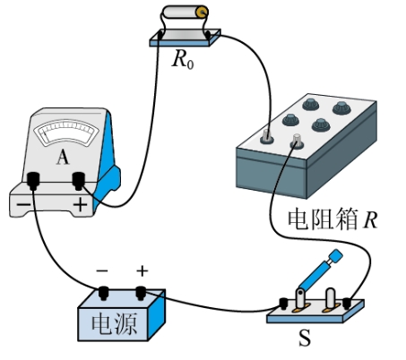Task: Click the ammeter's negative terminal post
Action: point(33,181)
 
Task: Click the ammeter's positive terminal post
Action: point(79,181)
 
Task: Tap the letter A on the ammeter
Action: point(63,157)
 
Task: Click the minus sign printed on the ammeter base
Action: point(23,204)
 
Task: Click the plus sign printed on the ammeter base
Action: point(81,205)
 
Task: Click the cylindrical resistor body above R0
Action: point(186,13)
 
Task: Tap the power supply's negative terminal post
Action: point(103,293)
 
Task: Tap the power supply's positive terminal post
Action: point(141,293)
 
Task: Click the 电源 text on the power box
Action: point(114,324)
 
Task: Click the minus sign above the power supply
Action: point(102,270)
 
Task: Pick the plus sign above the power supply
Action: point(143,271)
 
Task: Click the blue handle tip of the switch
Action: point(336,255)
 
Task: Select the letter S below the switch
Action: point(305,338)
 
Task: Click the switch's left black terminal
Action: point(283,304)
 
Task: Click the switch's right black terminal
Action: point(347,303)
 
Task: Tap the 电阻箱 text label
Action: point(323,219)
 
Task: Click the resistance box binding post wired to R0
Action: point(266,136)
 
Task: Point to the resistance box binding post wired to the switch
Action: point(297,141)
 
